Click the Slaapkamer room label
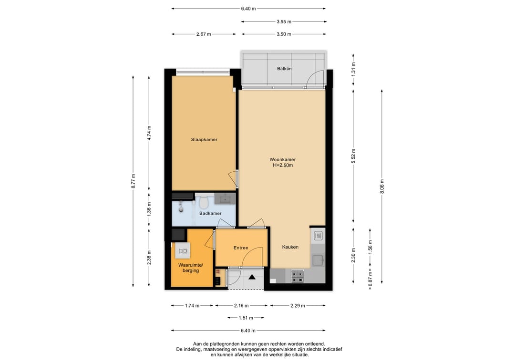click(x=204, y=140)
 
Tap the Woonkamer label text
click(x=283, y=160)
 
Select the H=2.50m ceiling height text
click(x=283, y=166)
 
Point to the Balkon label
click(x=284, y=69)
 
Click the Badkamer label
click(x=210, y=214)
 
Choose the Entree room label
click(x=241, y=248)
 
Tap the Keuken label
click(x=290, y=247)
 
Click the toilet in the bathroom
click(x=204, y=202)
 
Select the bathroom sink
click(x=225, y=198)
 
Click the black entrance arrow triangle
click(x=252, y=277)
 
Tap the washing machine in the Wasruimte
click(x=183, y=251)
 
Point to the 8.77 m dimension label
click(x=134, y=181)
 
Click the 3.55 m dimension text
click(x=284, y=21)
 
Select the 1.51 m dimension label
click(x=246, y=318)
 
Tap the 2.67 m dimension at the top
click(x=204, y=34)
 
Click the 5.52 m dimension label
click(x=353, y=156)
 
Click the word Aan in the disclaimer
click(x=197, y=344)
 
